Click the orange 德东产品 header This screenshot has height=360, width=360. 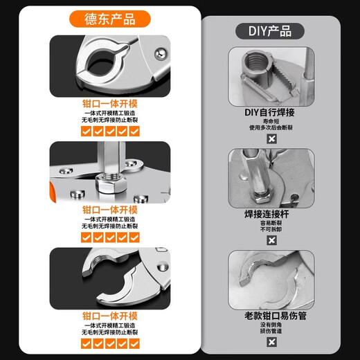pos(109,19)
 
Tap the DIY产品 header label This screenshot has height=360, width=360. pos(269,31)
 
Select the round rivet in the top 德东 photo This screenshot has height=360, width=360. pos(161,51)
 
